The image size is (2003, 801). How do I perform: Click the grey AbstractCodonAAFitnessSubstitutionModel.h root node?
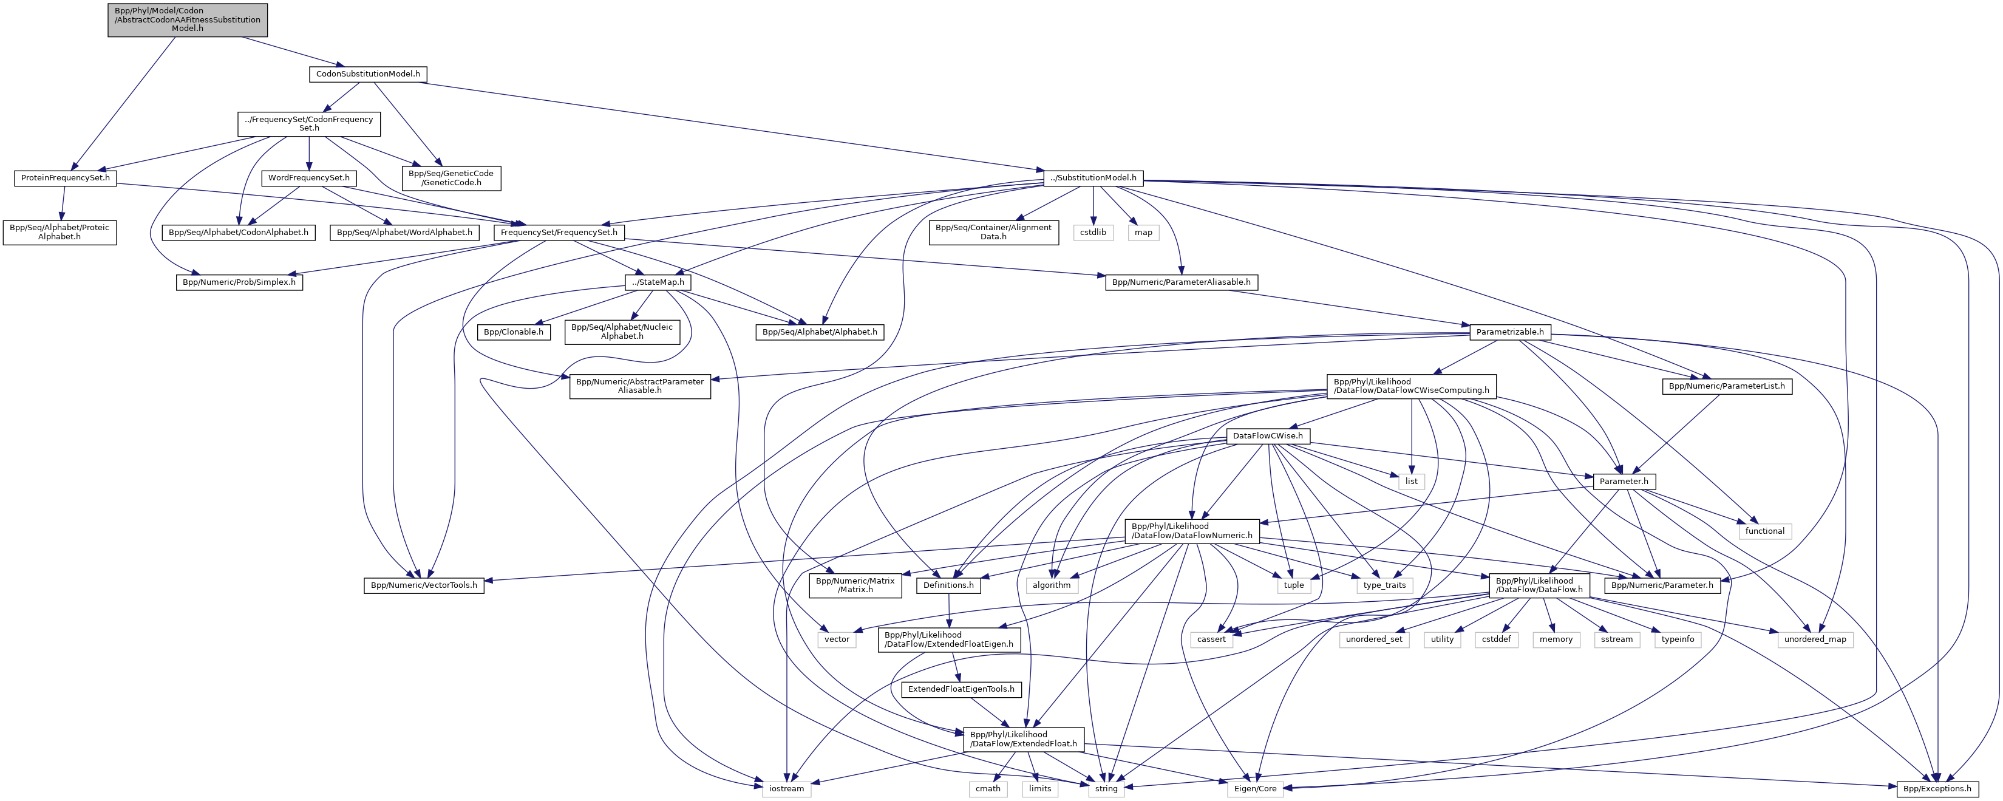click(188, 20)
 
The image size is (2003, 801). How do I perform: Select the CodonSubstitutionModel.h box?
click(368, 74)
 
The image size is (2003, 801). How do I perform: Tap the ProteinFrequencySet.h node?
click(66, 178)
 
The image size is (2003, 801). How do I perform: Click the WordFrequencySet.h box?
click(308, 178)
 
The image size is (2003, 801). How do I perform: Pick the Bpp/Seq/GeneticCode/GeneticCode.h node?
click(451, 178)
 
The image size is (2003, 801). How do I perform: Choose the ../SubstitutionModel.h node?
click(1093, 178)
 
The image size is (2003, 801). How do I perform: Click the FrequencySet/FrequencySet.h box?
click(559, 233)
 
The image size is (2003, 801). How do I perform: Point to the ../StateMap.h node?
click(658, 282)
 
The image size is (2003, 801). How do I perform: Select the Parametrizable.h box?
click(1510, 332)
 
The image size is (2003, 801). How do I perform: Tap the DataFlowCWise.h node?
click(1268, 436)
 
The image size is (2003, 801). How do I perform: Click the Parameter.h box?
click(1624, 482)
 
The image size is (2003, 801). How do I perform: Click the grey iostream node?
click(786, 789)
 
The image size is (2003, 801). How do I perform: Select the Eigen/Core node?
click(1256, 789)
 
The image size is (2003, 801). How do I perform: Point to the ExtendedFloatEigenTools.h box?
click(961, 689)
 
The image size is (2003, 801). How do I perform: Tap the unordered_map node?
click(1815, 639)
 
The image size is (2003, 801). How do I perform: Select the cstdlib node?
click(1093, 233)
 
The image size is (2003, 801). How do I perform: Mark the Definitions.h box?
click(948, 585)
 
